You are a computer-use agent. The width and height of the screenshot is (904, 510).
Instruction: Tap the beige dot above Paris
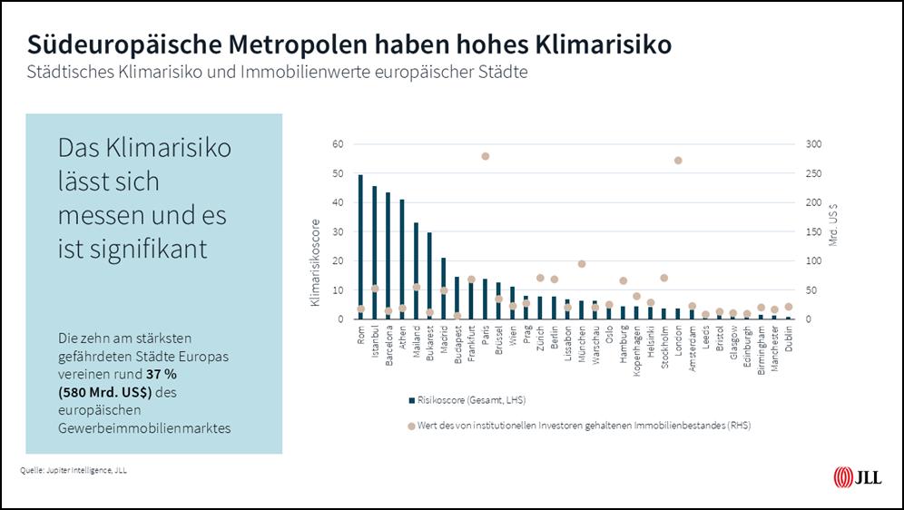[x=485, y=156]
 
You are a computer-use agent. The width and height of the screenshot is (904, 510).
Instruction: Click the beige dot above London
[x=678, y=161]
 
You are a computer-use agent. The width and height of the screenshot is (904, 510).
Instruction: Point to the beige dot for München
[x=582, y=264]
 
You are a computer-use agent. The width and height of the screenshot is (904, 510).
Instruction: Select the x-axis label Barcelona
[x=388, y=344]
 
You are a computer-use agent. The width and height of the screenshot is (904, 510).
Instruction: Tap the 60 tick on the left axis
[x=338, y=144]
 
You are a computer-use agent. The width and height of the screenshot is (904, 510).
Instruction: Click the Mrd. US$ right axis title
[x=834, y=223]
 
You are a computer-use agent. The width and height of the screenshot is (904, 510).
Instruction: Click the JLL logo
[x=856, y=477]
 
